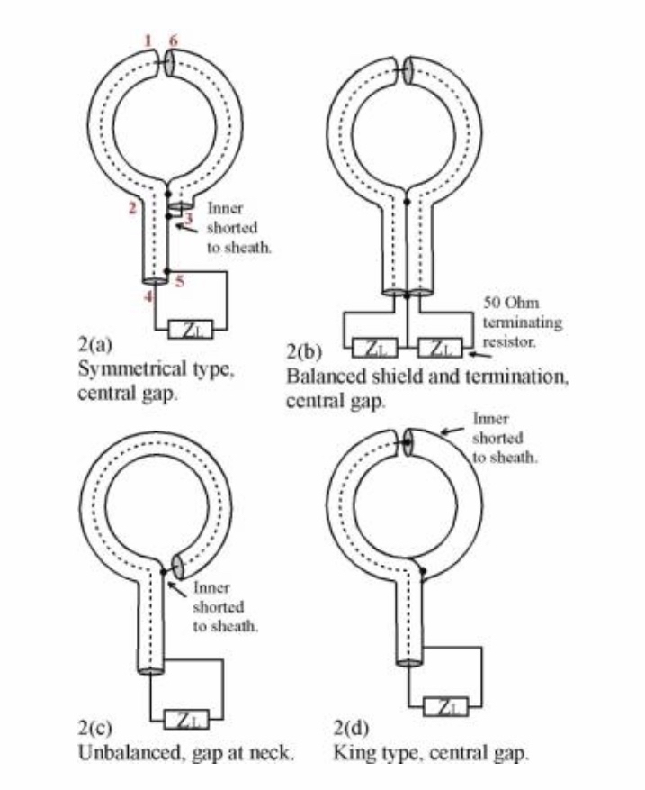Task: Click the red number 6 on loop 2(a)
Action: [x=176, y=40]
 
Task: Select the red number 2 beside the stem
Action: [x=131, y=208]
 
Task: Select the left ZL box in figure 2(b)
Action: [x=371, y=346]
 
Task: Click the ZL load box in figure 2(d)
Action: [x=446, y=708]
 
